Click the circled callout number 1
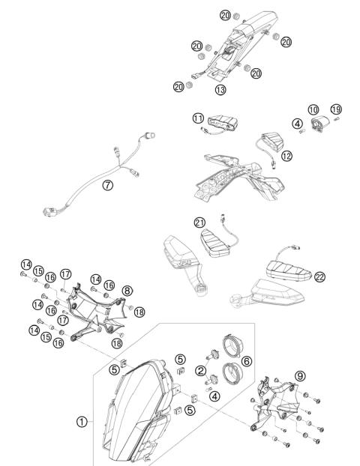pos(82,421)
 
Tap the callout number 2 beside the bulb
pos(200,370)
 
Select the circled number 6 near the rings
pos(247,361)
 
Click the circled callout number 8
pos(127,290)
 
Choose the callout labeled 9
pos(300,377)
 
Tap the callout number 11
pos(197,118)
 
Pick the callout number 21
pos(199,223)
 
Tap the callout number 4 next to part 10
pos(298,124)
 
